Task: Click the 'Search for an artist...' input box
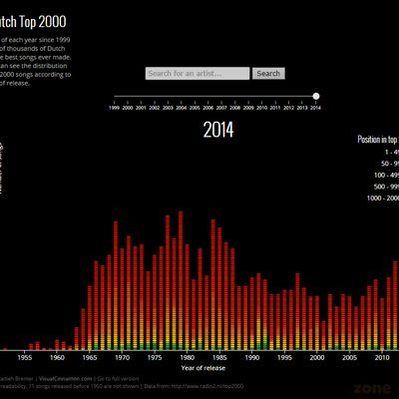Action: tap(197, 73)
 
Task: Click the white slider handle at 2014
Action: tap(316, 96)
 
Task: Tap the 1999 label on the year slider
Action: tap(116, 106)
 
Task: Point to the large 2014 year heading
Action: tap(218, 129)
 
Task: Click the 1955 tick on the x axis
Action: tap(26, 356)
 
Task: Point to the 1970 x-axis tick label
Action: tap(122, 356)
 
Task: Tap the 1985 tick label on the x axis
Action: tap(218, 356)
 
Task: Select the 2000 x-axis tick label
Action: tap(315, 356)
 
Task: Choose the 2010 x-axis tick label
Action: tap(380, 356)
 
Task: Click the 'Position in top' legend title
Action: tap(379, 140)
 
